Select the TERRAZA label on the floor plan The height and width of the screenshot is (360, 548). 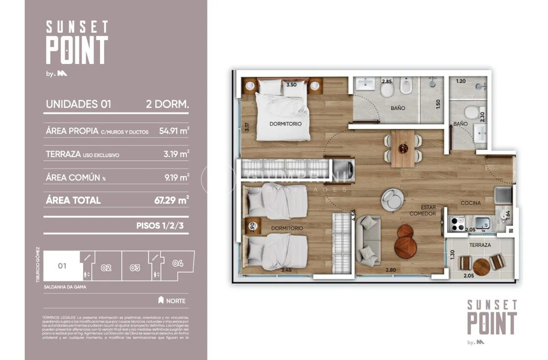coord(479,245)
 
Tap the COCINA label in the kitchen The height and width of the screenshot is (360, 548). coord(470,203)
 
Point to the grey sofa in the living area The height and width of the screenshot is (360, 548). coord(368,240)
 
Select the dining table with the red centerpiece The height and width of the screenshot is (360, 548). coord(403,148)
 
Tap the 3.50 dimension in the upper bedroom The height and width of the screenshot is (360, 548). coord(291,85)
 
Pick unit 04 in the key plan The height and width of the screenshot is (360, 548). coord(179,264)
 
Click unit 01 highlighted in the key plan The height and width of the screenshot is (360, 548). coord(62,265)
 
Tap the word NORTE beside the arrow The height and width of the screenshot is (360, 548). coord(176,301)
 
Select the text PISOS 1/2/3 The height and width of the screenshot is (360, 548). coord(163,226)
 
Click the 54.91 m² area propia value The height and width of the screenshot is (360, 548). coord(174,131)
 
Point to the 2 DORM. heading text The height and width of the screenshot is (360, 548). coord(167,104)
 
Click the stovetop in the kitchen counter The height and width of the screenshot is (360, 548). coord(458,223)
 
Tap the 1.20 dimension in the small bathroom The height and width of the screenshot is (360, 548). coord(461,82)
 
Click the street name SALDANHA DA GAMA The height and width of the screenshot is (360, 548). coord(65,287)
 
